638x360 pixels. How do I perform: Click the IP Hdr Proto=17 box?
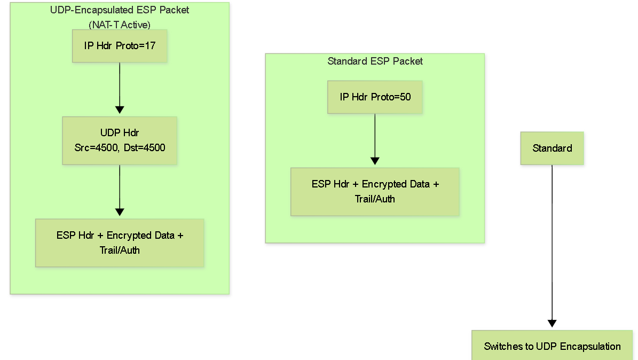(x=120, y=46)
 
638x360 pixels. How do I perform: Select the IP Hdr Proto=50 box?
(x=375, y=97)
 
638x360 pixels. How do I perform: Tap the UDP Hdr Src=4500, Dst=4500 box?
(x=120, y=140)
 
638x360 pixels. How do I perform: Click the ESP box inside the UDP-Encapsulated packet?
(x=120, y=242)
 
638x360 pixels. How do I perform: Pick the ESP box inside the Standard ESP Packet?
(x=375, y=191)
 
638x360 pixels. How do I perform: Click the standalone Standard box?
(x=552, y=148)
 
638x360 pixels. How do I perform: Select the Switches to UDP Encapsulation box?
(x=552, y=346)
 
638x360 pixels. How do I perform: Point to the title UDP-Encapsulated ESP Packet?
(x=120, y=10)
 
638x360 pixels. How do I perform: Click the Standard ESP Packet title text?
(x=375, y=61)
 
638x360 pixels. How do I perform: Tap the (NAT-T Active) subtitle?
(x=120, y=25)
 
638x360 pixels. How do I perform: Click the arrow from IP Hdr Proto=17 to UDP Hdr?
(x=120, y=88)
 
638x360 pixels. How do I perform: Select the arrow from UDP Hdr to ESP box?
(x=120, y=190)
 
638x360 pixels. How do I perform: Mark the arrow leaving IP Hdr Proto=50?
(x=375, y=139)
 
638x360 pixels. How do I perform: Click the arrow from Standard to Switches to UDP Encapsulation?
(x=552, y=246)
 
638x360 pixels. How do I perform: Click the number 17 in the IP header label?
(x=151, y=45)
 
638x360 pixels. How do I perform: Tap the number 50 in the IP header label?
(x=405, y=97)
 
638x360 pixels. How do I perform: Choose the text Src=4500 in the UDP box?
(x=97, y=147)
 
